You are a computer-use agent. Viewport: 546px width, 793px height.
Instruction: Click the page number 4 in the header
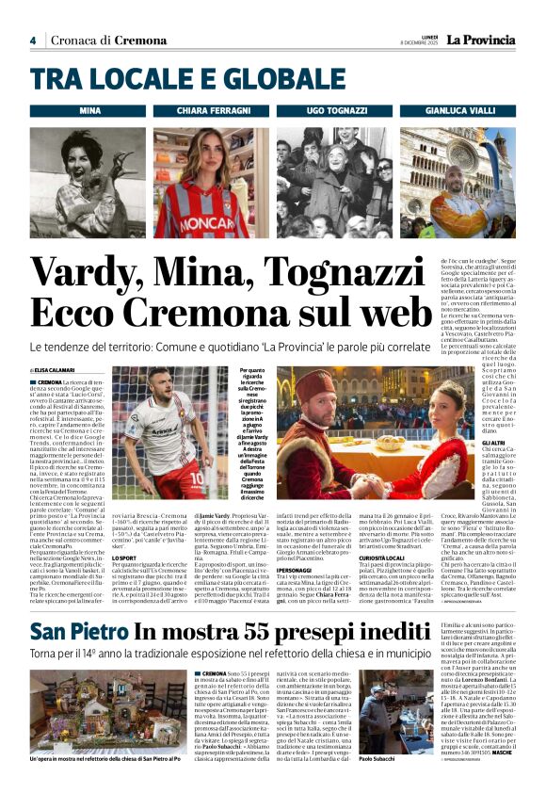point(32,40)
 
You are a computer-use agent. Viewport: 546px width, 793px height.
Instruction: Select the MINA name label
point(90,111)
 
